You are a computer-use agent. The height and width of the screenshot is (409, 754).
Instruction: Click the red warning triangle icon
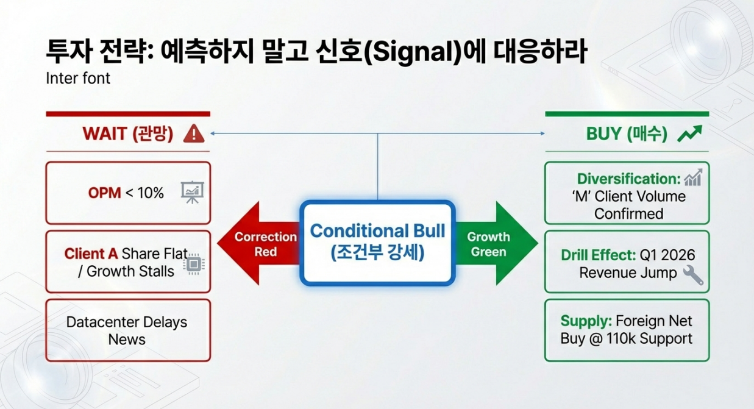[x=193, y=133]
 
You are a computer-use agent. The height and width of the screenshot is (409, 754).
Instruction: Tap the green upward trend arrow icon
[x=690, y=133]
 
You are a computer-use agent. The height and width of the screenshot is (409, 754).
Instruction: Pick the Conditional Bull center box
[x=377, y=242]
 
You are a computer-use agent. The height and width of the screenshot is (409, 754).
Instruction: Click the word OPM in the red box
[x=104, y=193]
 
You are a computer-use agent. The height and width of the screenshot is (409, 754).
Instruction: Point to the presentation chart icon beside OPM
[x=192, y=193]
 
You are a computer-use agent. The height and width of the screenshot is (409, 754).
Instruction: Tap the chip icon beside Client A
[x=194, y=263]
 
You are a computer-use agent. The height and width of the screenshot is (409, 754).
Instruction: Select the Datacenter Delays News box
[x=127, y=330]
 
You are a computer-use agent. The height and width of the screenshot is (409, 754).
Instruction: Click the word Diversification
[x=628, y=179]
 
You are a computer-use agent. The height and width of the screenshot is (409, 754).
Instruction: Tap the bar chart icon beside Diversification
[x=693, y=178]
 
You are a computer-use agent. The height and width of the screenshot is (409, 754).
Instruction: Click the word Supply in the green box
[x=586, y=321]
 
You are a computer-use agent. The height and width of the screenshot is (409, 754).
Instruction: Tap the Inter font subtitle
[x=78, y=79]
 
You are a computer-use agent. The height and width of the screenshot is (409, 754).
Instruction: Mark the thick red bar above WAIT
[x=127, y=114]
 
